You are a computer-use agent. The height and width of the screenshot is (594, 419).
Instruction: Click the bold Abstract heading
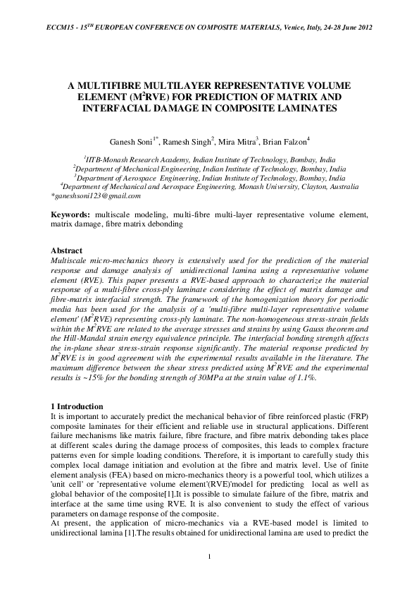(x=67, y=250)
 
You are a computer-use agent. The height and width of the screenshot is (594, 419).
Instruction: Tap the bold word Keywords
(x=75, y=214)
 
